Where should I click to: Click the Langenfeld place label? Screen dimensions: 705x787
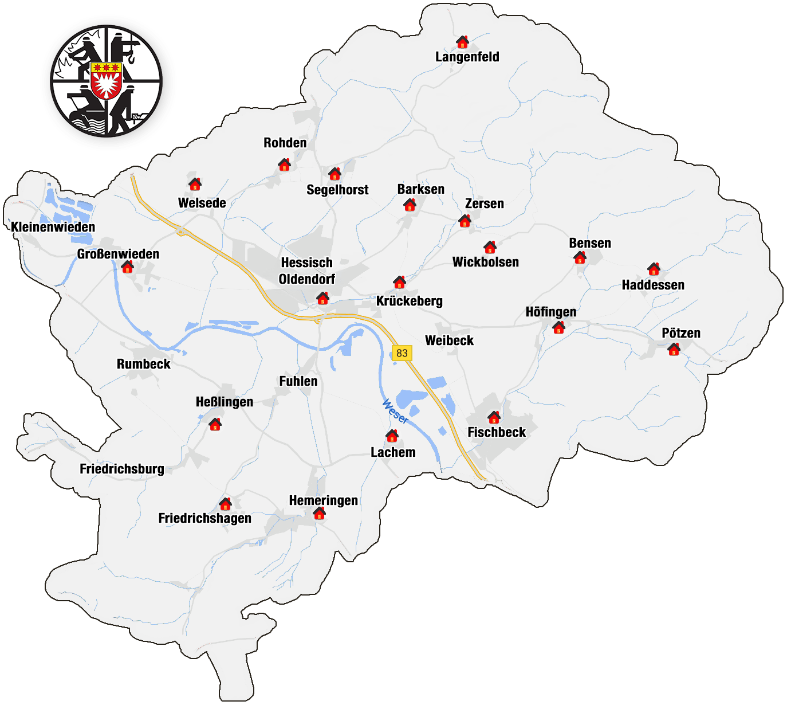pyautogui.click(x=467, y=57)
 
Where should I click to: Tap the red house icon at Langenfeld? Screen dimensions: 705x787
pyautogui.click(x=462, y=42)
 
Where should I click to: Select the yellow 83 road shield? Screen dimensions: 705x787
pyautogui.click(x=402, y=353)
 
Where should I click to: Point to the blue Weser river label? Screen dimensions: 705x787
pyautogui.click(x=395, y=412)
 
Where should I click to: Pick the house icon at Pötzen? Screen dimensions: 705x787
pyautogui.click(x=674, y=349)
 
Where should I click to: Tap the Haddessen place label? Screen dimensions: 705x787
pyautogui.click(x=653, y=285)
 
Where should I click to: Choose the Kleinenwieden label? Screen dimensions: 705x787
pyautogui.click(x=53, y=227)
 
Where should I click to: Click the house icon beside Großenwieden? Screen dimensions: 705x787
pyautogui.click(x=127, y=267)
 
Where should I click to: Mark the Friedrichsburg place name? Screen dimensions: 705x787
pyautogui.click(x=121, y=469)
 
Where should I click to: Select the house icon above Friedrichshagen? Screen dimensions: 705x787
pyautogui.click(x=225, y=504)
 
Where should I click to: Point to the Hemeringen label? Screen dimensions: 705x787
pyautogui.click(x=323, y=500)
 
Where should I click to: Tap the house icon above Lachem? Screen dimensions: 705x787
pyautogui.click(x=392, y=436)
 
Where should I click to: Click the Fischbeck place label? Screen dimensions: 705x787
pyautogui.click(x=497, y=432)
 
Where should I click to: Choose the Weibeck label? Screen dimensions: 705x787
pyautogui.click(x=449, y=340)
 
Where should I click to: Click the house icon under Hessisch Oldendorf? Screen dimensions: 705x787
pyautogui.click(x=322, y=298)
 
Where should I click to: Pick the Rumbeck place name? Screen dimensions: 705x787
pyautogui.click(x=143, y=364)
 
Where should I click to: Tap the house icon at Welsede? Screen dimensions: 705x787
pyautogui.click(x=195, y=184)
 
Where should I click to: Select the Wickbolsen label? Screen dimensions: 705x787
pyautogui.click(x=485, y=262)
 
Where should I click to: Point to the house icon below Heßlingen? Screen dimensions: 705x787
pyautogui.click(x=215, y=425)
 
